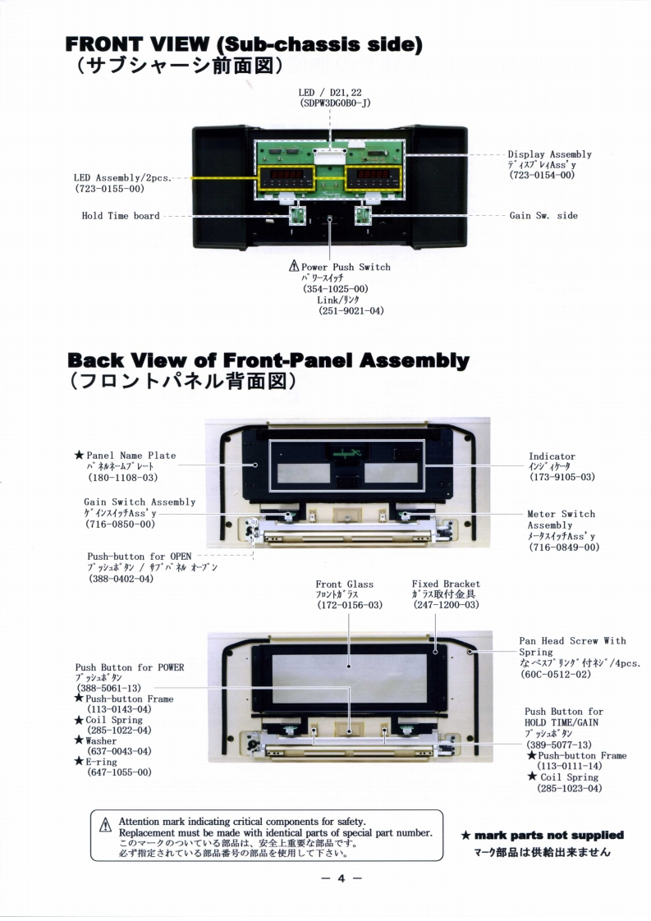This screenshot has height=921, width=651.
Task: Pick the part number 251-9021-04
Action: (x=351, y=311)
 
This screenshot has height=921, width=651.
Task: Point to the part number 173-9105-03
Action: (x=562, y=477)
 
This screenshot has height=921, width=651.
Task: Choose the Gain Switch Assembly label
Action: (x=140, y=502)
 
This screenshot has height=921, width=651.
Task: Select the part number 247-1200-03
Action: (x=446, y=605)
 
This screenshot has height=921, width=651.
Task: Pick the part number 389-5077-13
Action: (x=566, y=745)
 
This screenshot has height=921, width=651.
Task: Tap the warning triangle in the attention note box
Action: (x=104, y=827)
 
